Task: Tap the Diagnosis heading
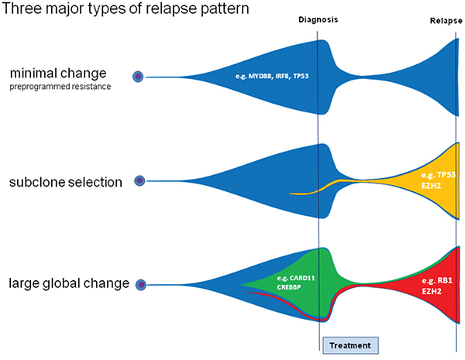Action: point(319,20)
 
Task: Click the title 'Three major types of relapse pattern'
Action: point(108,12)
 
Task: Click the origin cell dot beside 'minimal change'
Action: point(138,77)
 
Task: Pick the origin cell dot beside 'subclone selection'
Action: point(139,181)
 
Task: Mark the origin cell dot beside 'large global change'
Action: point(140,285)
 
